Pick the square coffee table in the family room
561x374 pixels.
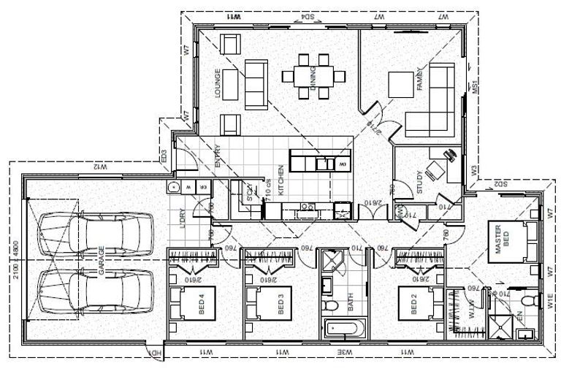tap(401, 84)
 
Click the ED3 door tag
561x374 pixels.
tap(164, 156)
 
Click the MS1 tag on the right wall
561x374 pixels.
tap(474, 88)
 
